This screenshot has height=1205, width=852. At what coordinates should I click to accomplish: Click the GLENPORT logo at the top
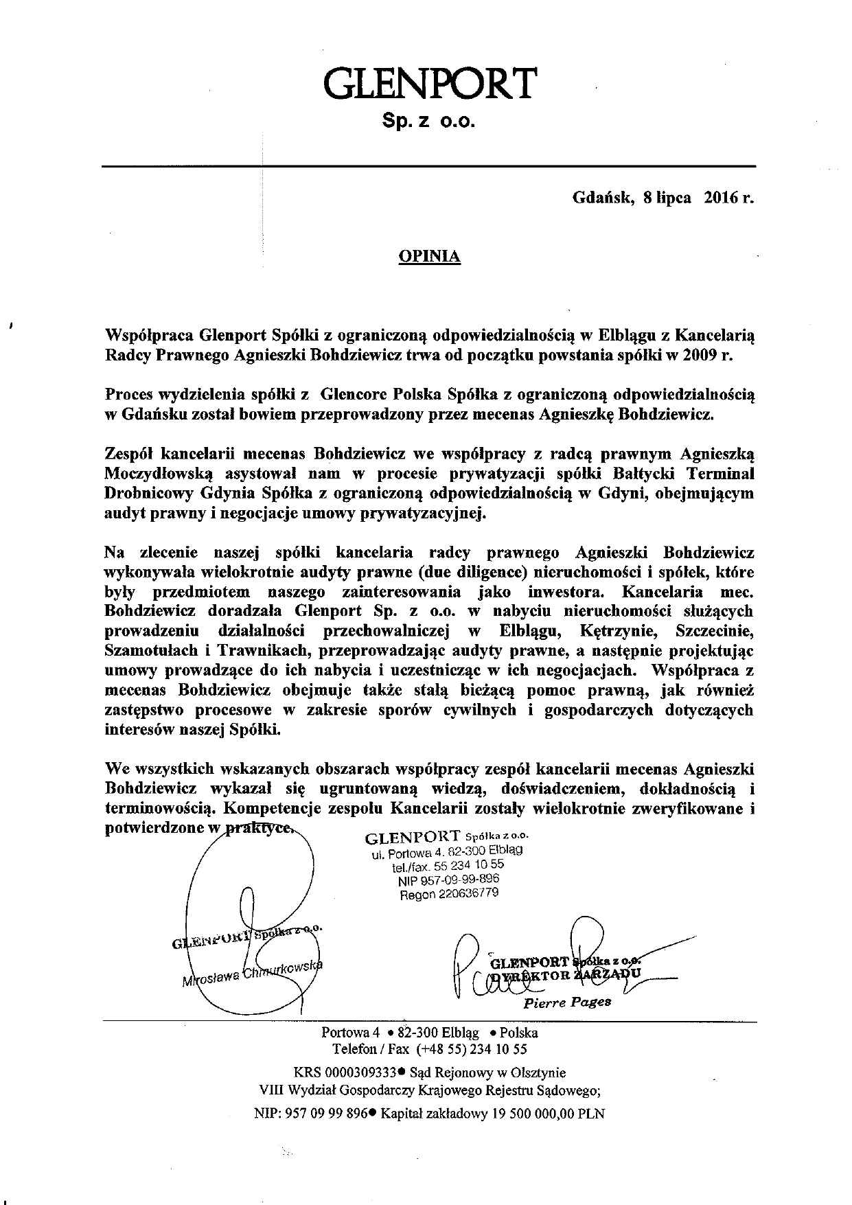click(428, 84)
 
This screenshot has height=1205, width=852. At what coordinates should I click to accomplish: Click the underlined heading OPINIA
click(429, 257)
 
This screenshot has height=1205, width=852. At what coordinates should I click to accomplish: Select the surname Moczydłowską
click(160, 473)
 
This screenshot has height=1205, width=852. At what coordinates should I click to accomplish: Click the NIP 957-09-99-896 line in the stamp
click(448, 880)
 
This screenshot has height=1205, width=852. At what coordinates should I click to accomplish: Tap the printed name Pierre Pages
click(566, 1003)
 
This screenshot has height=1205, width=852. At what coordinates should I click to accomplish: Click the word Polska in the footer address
click(518, 1033)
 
